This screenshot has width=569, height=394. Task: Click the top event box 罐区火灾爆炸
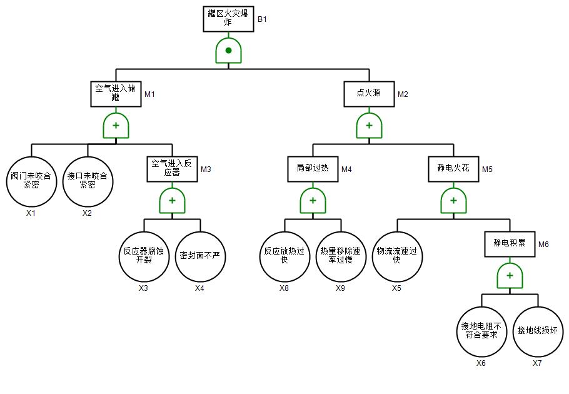[x=228, y=19]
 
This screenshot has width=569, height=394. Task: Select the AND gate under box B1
[x=228, y=50]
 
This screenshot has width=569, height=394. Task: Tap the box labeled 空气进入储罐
[x=116, y=94]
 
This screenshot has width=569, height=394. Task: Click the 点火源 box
[x=369, y=94]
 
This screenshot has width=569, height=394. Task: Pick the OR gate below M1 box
[x=116, y=126]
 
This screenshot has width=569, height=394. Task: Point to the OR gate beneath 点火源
[x=369, y=126]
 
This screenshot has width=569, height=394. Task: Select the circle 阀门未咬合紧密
[x=31, y=181]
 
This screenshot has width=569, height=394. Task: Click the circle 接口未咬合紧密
[x=88, y=181]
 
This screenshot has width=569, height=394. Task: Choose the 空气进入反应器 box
[x=172, y=168]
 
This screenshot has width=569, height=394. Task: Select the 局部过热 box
[x=313, y=168]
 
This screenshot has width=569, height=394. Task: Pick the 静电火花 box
[x=453, y=168]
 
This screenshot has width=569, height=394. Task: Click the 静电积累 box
[x=510, y=244]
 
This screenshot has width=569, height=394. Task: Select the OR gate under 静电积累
[x=510, y=276]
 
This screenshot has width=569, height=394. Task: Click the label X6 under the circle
[x=481, y=363]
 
